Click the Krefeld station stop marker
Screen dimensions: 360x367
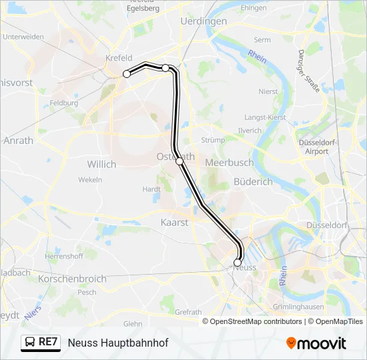click(127, 74)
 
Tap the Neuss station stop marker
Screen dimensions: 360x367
click(238, 263)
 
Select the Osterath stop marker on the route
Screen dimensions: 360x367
click(179, 161)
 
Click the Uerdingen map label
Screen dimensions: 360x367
click(204, 21)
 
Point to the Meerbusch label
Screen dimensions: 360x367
click(229, 162)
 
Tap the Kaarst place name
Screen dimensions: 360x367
click(175, 222)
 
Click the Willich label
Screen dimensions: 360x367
click(101, 163)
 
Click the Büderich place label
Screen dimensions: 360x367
click(254, 181)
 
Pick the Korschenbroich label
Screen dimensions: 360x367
click(72, 279)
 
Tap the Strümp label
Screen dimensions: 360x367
click(214, 140)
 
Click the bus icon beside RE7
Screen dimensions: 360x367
click(29, 343)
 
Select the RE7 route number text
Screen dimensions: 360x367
click(49, 343)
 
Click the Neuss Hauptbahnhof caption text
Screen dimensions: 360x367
click(118, 343)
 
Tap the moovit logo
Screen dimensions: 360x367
click(316, 343)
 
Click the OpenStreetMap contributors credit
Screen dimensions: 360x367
click(256, 321)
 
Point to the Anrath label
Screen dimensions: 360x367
click(18, 141)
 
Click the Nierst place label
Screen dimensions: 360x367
click(268, 91)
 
